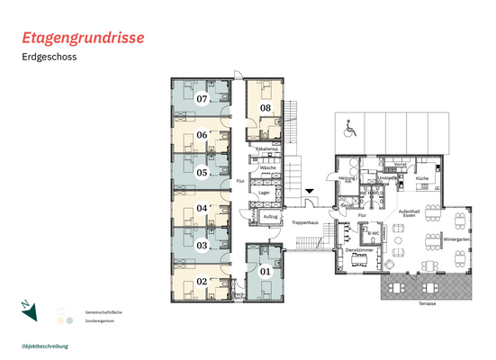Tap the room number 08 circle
pos(266,108)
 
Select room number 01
pos(265,270)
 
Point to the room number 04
pos(203,208)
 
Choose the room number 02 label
pos(203,281)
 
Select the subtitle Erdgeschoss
pos(50,58)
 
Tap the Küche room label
pos(422,178)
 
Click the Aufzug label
pos(269,218)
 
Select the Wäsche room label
pos(267,168)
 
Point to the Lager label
pos(265,193)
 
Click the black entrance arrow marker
pos(309,190)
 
